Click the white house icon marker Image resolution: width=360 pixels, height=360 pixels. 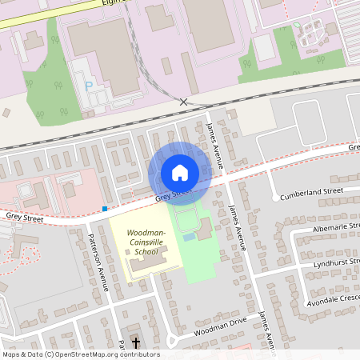click(x=179, y=173)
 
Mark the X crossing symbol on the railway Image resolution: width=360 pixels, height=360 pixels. click(x=184, y=102)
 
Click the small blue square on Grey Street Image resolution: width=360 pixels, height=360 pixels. click(x=105, y=209)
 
